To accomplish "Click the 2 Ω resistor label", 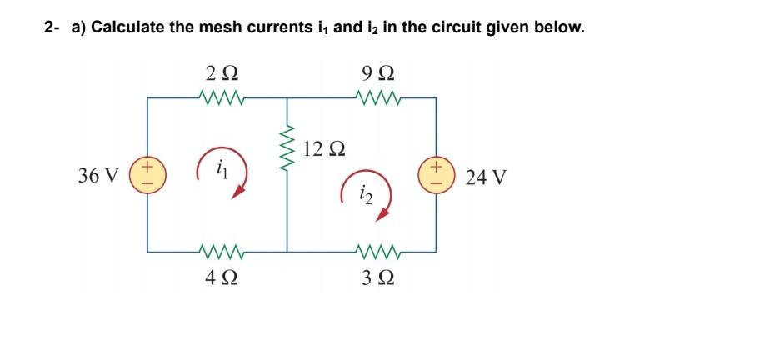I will coord(222,73).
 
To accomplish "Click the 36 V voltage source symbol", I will coord(148,175).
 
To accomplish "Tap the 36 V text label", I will coord(97,176).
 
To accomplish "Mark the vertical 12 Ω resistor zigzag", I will coord(287,151).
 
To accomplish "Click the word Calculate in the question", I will coord(127,27).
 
